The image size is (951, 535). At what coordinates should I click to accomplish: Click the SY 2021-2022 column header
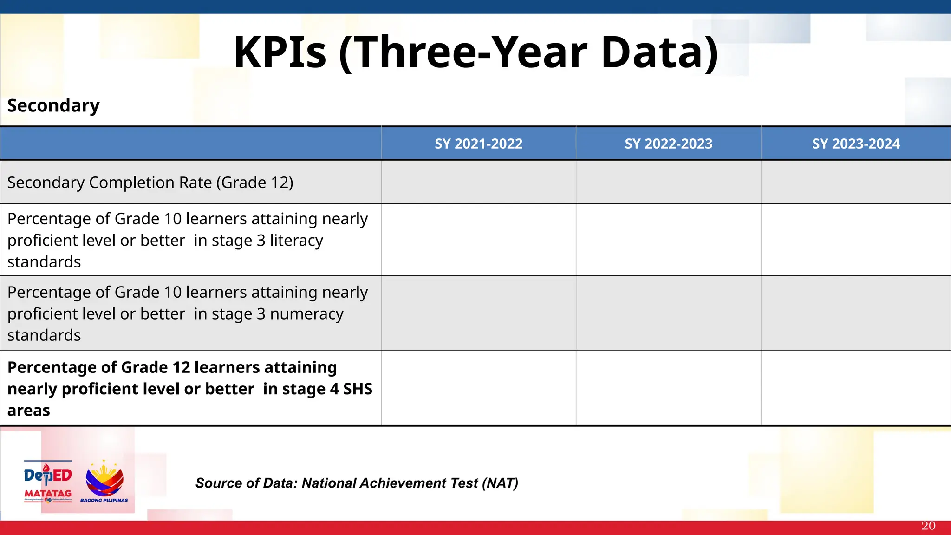[x=478, y=144]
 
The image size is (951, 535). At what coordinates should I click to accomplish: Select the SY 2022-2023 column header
[x=668, y=144]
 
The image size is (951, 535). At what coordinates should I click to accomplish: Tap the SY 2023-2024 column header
[x=856, y=144]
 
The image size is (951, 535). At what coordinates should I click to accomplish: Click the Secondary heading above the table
[x=53, y=106]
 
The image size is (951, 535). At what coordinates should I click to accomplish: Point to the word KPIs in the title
[x=280, y=52]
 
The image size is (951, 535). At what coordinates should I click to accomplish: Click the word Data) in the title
[x=659, y=52]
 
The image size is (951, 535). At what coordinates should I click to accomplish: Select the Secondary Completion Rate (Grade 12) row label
[x=150, y=183]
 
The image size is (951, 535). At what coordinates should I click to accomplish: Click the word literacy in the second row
[x=296, y=241]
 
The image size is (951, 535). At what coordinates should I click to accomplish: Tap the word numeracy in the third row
[x=306, y=314]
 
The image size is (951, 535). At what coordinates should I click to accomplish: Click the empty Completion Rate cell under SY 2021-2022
[x=478, y=183]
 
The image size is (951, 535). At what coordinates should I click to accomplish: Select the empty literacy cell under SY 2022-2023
[x=668, y=240]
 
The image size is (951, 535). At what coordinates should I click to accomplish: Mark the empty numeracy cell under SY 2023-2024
[x=856, y=313]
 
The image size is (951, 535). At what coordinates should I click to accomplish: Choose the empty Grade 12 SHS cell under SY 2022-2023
[x=668, y=388]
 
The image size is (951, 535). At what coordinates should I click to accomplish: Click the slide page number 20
[x=928, y=526]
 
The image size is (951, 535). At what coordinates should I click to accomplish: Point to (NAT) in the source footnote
[x=500, y=483]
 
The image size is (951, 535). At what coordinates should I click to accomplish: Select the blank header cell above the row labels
[x=190, y=144]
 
